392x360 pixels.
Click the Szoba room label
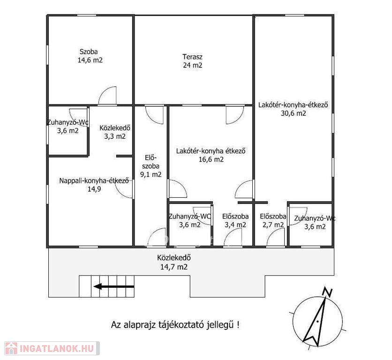coord(89,52)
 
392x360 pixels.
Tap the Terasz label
coord(192,57)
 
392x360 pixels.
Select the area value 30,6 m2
coord(293,113)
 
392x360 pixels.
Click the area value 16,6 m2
coord(211,159)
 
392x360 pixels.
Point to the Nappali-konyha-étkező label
coord(94,180)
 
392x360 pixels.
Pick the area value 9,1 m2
coord(151,174)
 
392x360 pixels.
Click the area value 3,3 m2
coord(115,136)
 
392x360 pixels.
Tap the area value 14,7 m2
coord(174,267)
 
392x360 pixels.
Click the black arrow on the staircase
coord(114,286)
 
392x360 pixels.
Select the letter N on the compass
coord(327,292)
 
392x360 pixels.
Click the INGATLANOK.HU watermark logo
coord(52,348)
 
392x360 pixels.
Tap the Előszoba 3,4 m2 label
coord(235,220)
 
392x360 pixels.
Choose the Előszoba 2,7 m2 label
coord(273,220)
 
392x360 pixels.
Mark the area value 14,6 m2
coord(90,60)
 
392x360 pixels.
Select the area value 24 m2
coord(193,65)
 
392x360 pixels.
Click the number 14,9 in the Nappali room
coord(94,189)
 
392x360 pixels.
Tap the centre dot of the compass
coord(317,321)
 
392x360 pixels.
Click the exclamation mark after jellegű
coord(238,325)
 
